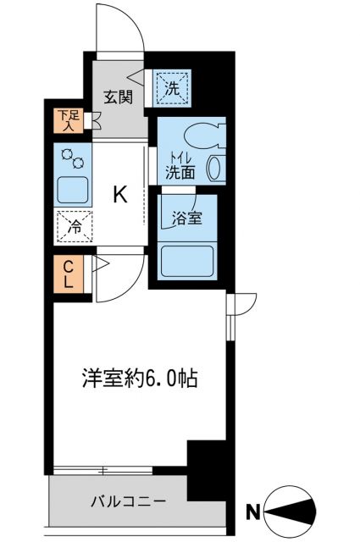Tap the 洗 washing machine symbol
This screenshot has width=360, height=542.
pyautogui.click(x=173, y=86)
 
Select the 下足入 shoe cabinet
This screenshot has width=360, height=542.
pyautogui.click(x=65, y=121)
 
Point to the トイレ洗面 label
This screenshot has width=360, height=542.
pyautogui.click(x=180, y=164)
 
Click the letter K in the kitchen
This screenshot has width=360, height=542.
pyautogui.click(x=120, y=196)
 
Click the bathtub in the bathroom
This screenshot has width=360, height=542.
pyautogui.click(x=186, y=258)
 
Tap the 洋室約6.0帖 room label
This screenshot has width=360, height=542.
pyautogui.click(x=140, y=379)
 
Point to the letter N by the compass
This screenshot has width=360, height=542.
pyautogui.click(x=252, y=511)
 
